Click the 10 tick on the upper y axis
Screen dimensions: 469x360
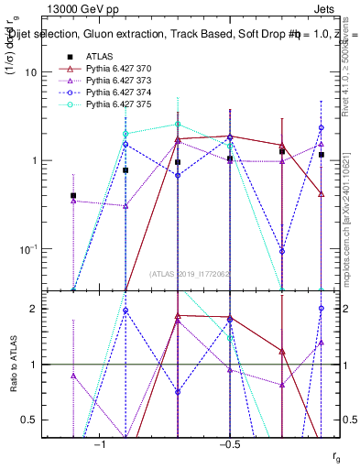pos(39,71)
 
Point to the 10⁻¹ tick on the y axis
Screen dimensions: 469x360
pos(37,249)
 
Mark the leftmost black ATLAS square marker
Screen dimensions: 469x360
pos(73,195)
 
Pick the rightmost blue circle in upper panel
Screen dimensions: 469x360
pos(322,127)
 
